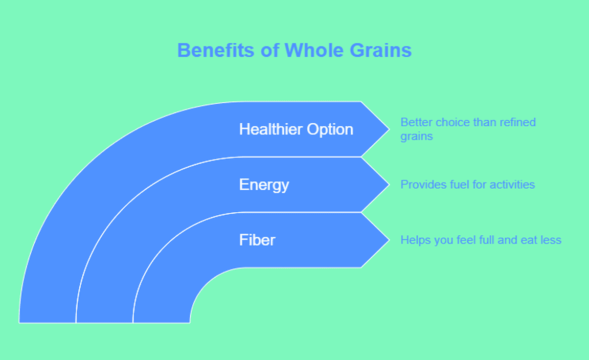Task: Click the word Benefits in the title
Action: [215, 50]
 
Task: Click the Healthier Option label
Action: [296, 129]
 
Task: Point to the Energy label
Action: [264, 185]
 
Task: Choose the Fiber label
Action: [257, 240]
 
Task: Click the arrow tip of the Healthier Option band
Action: [389, 129]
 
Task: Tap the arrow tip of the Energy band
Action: [389, 185]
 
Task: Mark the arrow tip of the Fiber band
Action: [389, 240]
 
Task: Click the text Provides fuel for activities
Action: [467, 185]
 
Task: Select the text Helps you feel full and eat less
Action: [481, 240]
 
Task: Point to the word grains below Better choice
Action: [417, 137]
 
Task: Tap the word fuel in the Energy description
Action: [460, 185]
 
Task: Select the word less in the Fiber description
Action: [551, 240]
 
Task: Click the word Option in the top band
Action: [330, 130]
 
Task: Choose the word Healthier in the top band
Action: [271, 129]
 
